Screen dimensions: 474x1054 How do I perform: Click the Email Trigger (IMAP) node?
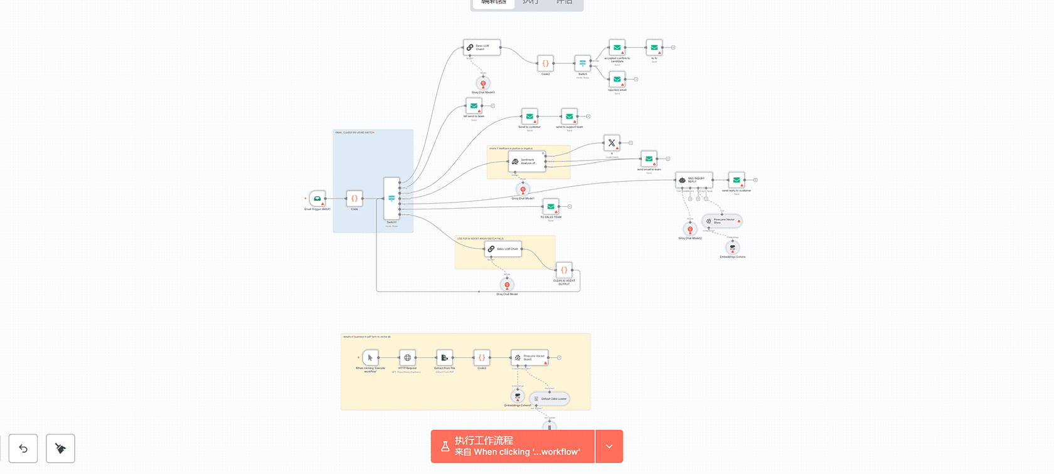pyautogui.click(x=317, y=198)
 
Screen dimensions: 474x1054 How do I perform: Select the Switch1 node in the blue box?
pyautogui.click(x=391, y=198)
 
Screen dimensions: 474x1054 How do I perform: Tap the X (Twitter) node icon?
pyautogui.click(x=612, y=143)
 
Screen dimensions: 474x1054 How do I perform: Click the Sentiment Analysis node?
pyautogui.click(x=527, y=161)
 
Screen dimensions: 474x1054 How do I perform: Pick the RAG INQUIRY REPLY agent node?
pyautogui.click(x=693, y=180)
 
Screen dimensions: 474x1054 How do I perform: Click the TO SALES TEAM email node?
pyautogui.click(x=551, y=206)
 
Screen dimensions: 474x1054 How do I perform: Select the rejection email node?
pyautogui.click(x=617, y=80)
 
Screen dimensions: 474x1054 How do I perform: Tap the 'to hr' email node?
pyautogui.click(x=654, y=48)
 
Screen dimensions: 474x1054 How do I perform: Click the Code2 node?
pyautogui.click(x=482, y=358)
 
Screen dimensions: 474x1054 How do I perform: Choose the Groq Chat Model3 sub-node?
pyautogui.click(x=483, y=83)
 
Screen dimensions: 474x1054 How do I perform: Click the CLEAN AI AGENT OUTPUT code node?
pyautogui.click(x=564, y=270)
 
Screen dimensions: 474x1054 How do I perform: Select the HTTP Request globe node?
pyautogui.click(x=407, y=358)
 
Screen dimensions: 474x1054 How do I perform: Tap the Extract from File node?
pyautogui.click(x=444, y=358)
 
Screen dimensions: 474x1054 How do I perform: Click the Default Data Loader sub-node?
pyautogui.click(x=550, y=399)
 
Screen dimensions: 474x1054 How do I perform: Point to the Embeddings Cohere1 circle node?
pyautogui.click(x=518, y=396)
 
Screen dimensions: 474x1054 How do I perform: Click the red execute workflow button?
pyautogui.click(x=513, y=446)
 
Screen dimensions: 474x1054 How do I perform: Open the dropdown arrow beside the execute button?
pyautogui.click(x=609, y=446)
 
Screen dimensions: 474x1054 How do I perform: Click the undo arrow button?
pyautogui.click(x=23, y=448)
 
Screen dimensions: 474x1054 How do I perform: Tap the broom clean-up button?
pyautogui.click(x=60, y=448)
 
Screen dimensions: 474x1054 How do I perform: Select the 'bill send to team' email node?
pyautogui.click(x=474, y=106)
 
